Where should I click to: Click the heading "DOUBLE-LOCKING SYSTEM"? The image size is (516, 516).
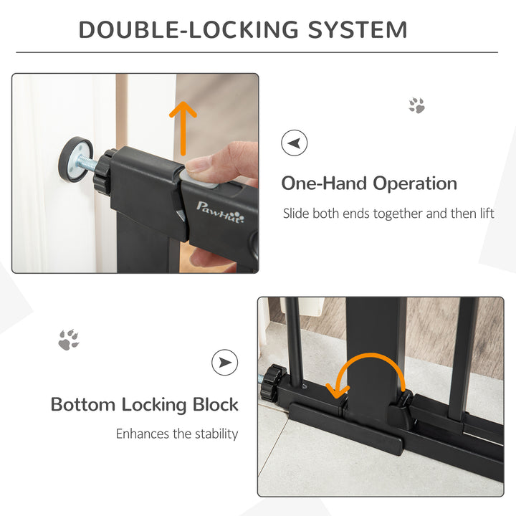point(243,30)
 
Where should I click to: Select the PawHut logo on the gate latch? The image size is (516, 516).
point(221,212)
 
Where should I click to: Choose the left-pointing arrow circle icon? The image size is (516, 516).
point(294,143)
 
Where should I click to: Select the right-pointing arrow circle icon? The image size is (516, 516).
point(224,363)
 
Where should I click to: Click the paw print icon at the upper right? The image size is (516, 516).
point(416,106)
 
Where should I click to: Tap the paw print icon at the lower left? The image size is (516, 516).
point(69,340)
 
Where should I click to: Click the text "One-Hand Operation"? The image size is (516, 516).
point(368,183)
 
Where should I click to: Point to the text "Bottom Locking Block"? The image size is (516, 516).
point(144,404)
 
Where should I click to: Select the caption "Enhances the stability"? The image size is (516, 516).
point(177,434)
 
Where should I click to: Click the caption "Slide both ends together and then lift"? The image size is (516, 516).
point(388,213)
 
